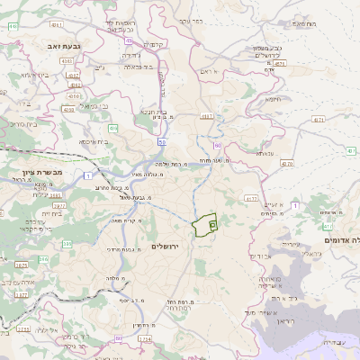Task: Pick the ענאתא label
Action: [264, 154]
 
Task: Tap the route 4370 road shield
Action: [287, 164]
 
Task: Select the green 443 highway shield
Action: [13, 26]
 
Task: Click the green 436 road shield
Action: [114, 129]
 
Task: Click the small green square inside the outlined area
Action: [212, 223]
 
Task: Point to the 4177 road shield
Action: [251, 198]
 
